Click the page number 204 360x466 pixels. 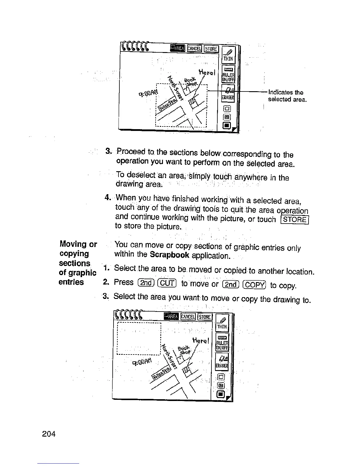(x=49, y=434)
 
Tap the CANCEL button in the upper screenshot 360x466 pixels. (x=194, y=49)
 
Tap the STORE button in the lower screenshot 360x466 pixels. (x=204, y=317)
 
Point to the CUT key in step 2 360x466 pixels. (x=168, y=283)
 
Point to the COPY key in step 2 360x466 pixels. (x=255, y=285)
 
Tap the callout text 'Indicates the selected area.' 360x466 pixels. (x=287, y=96)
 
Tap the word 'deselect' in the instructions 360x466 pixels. (x=141, y=175)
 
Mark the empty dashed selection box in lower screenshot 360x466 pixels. (x=139, y=338)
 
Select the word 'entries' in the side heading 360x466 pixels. (x=71, y=282)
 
